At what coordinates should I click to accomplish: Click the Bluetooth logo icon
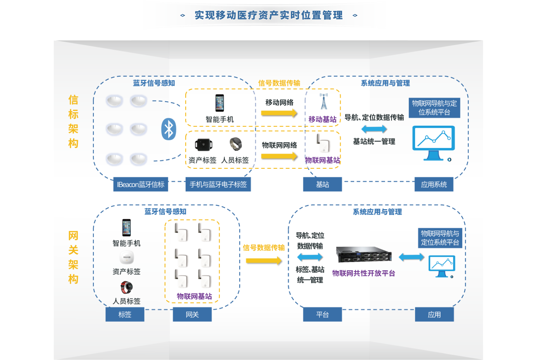tap(169, 129)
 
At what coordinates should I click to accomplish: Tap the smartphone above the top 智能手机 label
tap(220, 103)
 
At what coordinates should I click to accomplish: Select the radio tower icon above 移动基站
tap(324, 102)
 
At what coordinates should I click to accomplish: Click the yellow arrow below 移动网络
tap(279, 113)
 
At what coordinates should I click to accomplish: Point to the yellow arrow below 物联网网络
tap(279, 156)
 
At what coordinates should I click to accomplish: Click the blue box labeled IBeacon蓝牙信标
tap(141, 184)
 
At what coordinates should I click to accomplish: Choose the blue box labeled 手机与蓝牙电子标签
tap(218, 184)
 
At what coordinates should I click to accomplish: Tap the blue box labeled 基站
tap(323, 184)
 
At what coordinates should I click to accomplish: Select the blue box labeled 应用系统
tap(434, 184)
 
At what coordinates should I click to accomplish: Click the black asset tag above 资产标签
tap(204, 145)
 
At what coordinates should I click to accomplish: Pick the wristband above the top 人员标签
tap(235, 144)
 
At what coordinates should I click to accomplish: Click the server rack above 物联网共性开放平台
tap(364, 255)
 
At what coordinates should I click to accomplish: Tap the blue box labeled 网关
tap(192, 314)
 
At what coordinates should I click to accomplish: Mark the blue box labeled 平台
tap(323, 314)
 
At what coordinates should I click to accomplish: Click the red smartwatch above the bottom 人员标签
tap(126, 287)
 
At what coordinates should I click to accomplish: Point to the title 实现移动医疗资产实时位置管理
tap(268, 15)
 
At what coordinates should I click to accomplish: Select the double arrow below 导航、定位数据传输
tap(374, 129)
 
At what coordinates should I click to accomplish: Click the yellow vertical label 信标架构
tap(73, 122)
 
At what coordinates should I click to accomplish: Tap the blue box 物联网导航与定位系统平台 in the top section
tap(434, 108)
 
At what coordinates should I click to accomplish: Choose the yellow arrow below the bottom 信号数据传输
tap(264, 261)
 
